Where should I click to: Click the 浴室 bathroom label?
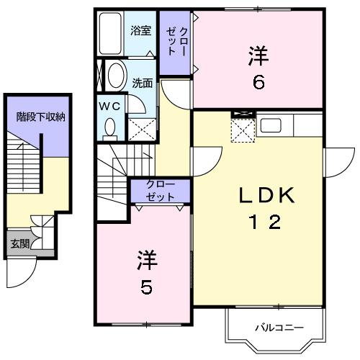(140, 32)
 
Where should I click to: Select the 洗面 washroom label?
(142, 83)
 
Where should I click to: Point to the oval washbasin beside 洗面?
(116, 76)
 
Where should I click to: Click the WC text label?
(109, 106)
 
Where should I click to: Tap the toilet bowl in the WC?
(110, 127)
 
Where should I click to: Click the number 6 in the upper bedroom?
(258, 82)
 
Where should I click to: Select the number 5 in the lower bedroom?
(146, 288)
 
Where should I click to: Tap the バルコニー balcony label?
(272, 328)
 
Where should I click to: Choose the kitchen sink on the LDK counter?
(271, 125)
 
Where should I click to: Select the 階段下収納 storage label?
(41, 116)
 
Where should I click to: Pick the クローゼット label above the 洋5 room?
(160, 190)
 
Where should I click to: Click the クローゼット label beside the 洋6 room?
(176, 42)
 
